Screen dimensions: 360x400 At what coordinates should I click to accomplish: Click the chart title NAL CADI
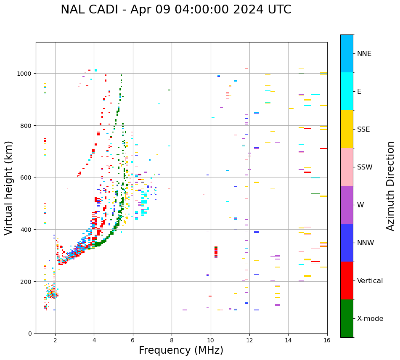tap(176, 10)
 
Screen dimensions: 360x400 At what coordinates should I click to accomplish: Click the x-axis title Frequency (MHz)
tap(181, 350)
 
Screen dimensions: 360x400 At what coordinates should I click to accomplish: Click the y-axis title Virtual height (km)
tap(9, 188)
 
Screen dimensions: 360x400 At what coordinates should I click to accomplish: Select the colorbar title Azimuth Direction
tap(391, 186)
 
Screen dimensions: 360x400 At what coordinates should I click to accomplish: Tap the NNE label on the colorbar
tap(364, 54)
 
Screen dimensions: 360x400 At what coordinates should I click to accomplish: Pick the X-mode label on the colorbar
tap(370, 319)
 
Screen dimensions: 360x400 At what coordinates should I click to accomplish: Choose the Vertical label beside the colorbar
tap(370, 281)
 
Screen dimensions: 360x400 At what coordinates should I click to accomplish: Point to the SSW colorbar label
tap(365, 167)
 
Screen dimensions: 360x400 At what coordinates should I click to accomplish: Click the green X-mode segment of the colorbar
tap(347, 318)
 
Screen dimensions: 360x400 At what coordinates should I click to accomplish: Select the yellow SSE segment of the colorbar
tap(347, 129)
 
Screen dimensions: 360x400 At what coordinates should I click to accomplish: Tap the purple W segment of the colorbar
tap(347, 205)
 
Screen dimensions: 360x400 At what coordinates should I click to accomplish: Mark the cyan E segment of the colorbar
tap(347, 91)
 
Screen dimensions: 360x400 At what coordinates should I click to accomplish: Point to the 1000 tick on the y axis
tap(25, 74)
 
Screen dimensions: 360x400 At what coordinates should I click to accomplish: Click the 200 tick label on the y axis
tap(26, 281)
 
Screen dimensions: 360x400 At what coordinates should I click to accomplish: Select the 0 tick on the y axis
tap(30, 334)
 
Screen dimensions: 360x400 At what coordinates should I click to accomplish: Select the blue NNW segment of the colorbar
tap(347, 243)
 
